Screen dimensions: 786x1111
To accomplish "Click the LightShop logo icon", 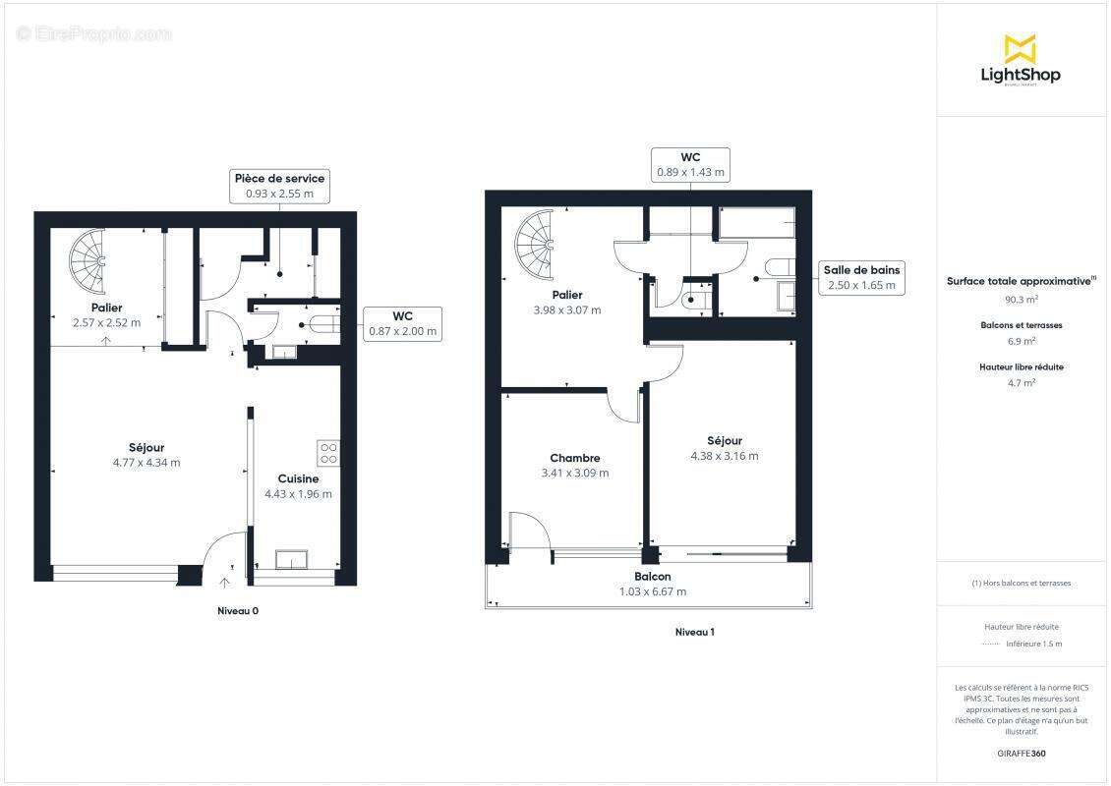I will (x=1020, y=47).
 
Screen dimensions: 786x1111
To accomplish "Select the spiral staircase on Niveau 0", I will (x=88, y=261).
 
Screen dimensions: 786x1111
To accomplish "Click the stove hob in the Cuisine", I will (x=328, y=453).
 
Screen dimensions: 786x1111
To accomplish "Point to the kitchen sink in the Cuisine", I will (x=292, y=559).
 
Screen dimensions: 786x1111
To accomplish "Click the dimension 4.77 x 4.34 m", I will (x=146, y=462).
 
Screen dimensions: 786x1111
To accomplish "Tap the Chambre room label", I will (x=575, y=458).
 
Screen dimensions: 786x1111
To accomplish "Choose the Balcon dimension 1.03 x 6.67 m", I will (x=653, y=591).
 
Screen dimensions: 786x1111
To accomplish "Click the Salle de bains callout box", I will (x=861, y=277).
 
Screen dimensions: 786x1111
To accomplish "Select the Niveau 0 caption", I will (x=238, y=611).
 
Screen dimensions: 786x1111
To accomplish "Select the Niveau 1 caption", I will (x=694, y=632).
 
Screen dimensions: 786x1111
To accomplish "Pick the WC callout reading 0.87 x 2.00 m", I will (x=402, y=324).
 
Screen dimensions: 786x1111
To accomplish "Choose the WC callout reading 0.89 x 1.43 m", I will (x=690, y=164).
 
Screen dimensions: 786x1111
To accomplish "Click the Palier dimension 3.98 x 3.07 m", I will (x=567, y=309).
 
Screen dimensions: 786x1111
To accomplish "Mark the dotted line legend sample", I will (x=989, y=644).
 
